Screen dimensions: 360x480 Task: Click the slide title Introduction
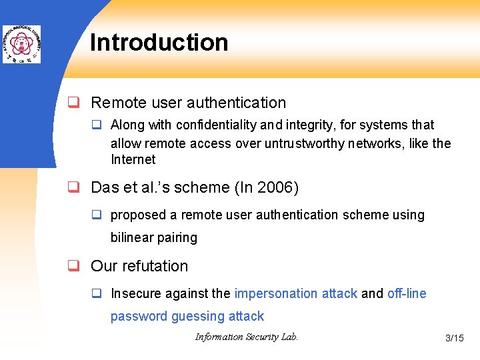pos(159,43)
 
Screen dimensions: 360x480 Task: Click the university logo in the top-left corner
pos(21,44)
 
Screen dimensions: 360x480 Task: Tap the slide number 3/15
pos(454,338)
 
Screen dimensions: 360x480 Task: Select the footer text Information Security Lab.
pos(246,337)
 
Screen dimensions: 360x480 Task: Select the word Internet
pos(133,159)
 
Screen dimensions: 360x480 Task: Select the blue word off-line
pos(407,293)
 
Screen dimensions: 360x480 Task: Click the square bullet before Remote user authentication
pos(76,103)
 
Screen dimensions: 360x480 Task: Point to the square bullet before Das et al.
pos(76,188)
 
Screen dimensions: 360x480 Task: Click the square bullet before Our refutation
pos(76,266)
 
